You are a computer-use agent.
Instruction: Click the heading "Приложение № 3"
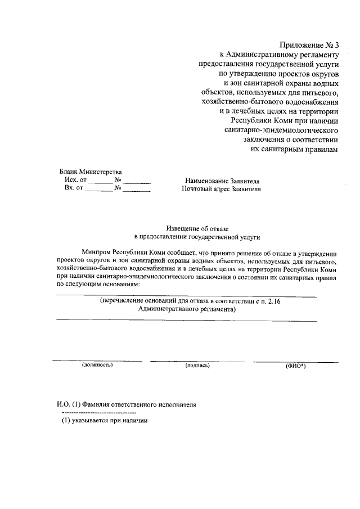coord(309,44)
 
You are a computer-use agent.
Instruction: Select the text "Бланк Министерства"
coord(90,172)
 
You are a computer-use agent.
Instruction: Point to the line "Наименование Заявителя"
coord(223,181)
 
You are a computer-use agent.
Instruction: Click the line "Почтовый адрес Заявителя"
coord(222,190)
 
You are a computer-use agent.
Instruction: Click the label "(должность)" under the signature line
coord(97,366)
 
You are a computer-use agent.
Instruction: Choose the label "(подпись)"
coord(197,366)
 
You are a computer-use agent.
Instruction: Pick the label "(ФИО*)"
coord(295,366)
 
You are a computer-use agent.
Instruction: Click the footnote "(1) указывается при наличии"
coord(104,422)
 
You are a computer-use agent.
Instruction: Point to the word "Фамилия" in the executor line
coord(97,405)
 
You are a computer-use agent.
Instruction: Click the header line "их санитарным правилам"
coord(295,149)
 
